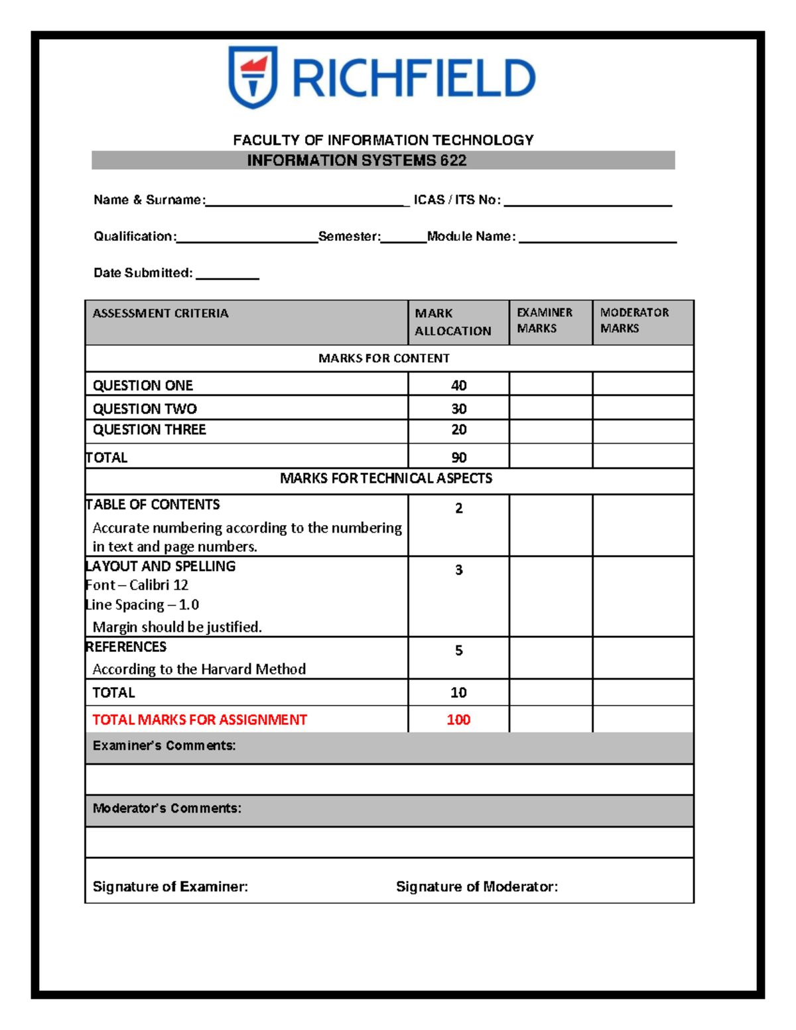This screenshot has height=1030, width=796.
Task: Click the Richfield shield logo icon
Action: (252, 77)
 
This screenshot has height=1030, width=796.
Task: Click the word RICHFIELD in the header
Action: (413, 78)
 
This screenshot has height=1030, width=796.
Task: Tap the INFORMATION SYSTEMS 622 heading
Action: (356, 161)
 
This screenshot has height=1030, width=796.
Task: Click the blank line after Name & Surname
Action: (307, 202)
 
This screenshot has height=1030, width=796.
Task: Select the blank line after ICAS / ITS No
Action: (588, 202)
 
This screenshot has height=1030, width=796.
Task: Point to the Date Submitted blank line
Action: (227, 275)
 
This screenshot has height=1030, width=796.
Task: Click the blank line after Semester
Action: (403, 238)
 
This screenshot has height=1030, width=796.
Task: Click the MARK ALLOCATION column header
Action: (453, 322)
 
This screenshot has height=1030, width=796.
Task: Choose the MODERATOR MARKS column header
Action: (634, 320)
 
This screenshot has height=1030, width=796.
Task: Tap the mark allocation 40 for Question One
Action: (458, 385)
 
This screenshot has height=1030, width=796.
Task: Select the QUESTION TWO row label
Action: (145, 409)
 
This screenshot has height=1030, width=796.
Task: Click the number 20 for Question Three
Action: (458, 430)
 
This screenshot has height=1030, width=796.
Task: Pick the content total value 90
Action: (458, 458)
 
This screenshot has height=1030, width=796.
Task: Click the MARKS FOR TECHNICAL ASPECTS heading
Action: (385, 478)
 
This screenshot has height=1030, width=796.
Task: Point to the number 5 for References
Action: (458, 651)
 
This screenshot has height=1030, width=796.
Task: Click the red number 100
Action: (458, 720)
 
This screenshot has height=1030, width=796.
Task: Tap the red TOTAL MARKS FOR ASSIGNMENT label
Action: (200, 720)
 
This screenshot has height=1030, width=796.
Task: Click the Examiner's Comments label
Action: (164, 745)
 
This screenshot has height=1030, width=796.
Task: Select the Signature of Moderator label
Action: (476, 887)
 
